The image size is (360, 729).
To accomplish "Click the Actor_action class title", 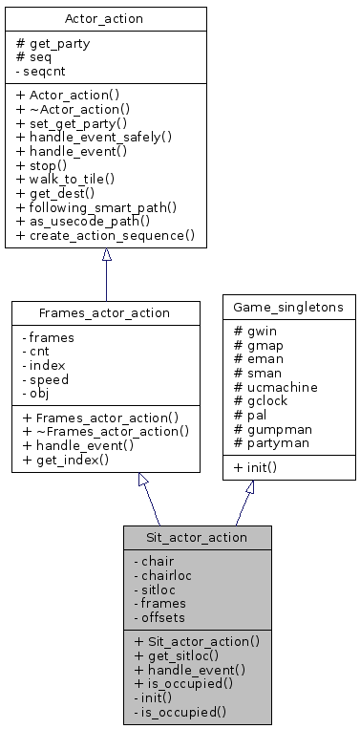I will pyautogui.click(x=105, y=18).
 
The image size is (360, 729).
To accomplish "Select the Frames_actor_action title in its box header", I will pyautogui.click(x=105, y=312).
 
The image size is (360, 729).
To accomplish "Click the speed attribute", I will pyautogui.click(x=45, y=378).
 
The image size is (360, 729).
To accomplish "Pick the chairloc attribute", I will pyautogui.click(x=166, y=575).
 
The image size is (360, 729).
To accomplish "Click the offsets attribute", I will pyautogui.click(x=163, y=616).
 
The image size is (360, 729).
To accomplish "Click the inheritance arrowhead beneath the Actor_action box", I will pyautogui.click(x=106, y=255).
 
